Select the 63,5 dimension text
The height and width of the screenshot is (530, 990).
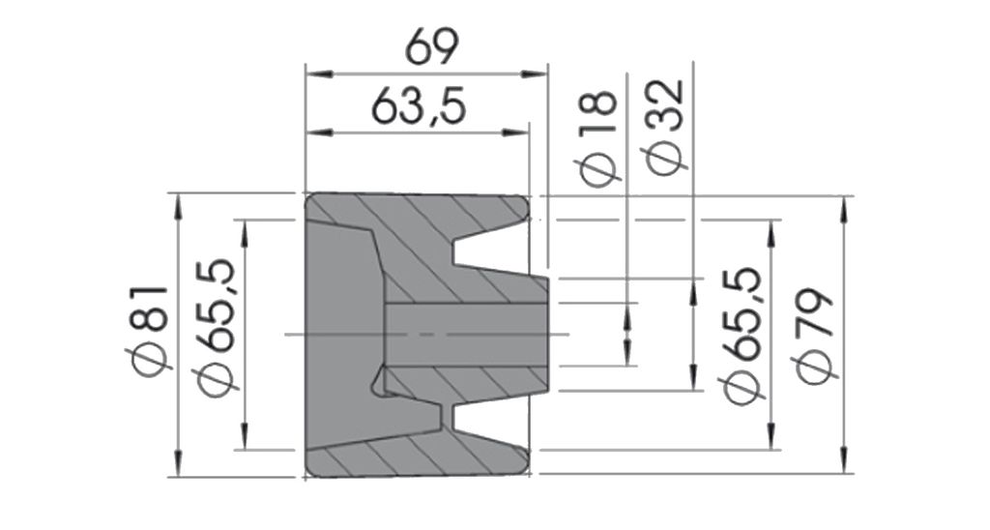pos(419,106)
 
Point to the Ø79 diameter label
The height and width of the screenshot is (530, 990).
pos(816,336)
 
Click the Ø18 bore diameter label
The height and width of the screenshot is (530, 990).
pos(597,138)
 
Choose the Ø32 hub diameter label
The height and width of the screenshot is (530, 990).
pos(663,129)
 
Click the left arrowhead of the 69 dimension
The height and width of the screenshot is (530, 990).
pos(319,74)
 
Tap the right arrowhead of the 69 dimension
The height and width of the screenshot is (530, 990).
pos(534,74)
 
